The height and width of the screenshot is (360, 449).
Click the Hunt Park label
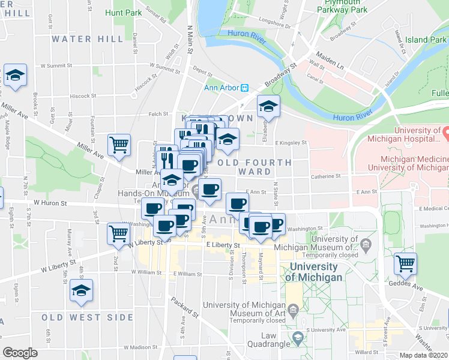click(123, 12)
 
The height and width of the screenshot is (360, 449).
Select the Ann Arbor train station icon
click(245, 88)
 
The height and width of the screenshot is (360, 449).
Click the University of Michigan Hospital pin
click(445, 130)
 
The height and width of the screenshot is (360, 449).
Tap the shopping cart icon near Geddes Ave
click(406, 263)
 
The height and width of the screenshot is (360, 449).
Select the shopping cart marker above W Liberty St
click(118, 233)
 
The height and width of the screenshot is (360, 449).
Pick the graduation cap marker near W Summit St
click(15, 75)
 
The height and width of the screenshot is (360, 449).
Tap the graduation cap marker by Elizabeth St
click(268, 107)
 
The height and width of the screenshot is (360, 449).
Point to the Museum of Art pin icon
click(293, 310)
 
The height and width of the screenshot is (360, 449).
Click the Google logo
click(20, 353)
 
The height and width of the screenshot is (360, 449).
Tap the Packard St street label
click(184, 305)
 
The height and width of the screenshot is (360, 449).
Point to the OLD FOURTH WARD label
click(255, 167)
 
